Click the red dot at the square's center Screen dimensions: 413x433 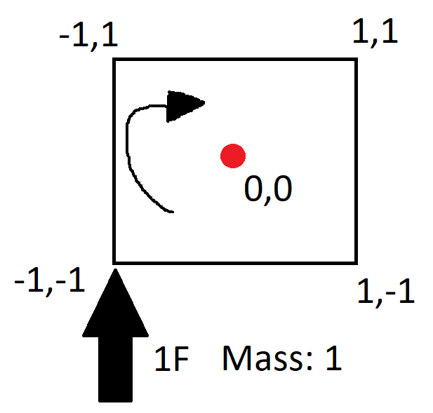pyautogui.click(x=232, y=156)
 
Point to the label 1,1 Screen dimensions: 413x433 pyautogui.click(x=375, y=32)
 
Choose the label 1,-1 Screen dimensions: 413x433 pyautogui.click(x=386, y=292)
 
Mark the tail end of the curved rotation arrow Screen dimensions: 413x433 pyautogui.click(x=172, y=210)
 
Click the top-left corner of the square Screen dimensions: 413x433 pyautogui.click(x=114, y=60)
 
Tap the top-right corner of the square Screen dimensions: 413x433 pyautogui.click(x=357, y=60)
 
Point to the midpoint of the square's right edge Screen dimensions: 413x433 pyautogui.click(x=357, y=161)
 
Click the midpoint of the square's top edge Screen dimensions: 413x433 pyautogui.click(x=235, y=60)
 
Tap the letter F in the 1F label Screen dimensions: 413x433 pyautogui.click(x=178, y=359)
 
